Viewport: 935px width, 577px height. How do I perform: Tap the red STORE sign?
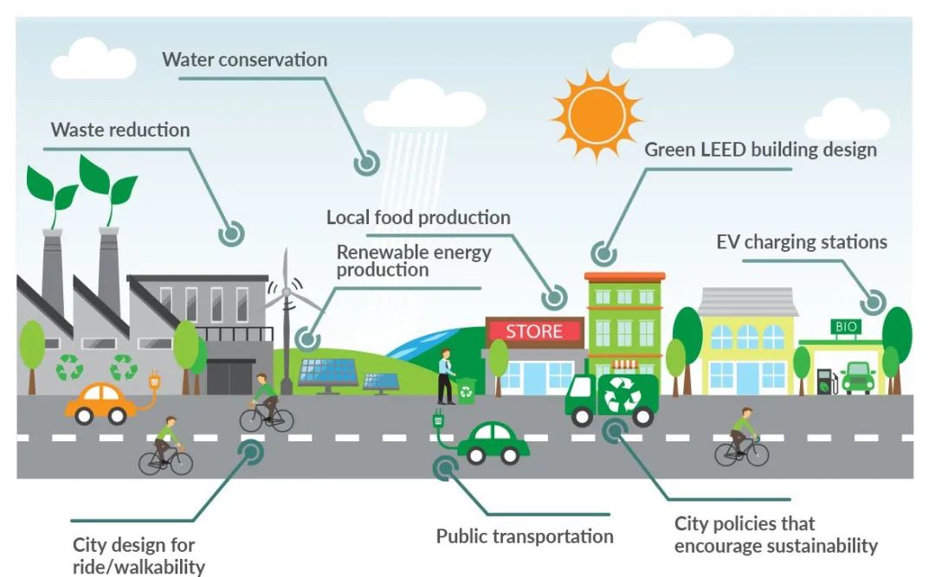534,331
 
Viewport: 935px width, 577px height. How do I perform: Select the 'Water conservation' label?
245,60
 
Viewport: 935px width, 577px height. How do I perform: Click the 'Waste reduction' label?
120,130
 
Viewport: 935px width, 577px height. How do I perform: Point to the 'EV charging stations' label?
801,241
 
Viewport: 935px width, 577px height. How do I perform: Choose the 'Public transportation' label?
525,536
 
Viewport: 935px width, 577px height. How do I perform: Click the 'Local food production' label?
418,217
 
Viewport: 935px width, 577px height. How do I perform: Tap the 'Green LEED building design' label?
760,150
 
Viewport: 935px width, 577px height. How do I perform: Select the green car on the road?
493,443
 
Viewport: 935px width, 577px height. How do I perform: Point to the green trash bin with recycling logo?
466,391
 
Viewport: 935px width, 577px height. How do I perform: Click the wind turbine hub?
285,292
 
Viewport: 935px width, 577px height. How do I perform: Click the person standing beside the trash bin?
445,375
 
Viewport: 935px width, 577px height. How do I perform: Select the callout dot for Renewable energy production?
306,337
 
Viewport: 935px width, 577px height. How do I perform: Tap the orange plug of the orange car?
155,380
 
